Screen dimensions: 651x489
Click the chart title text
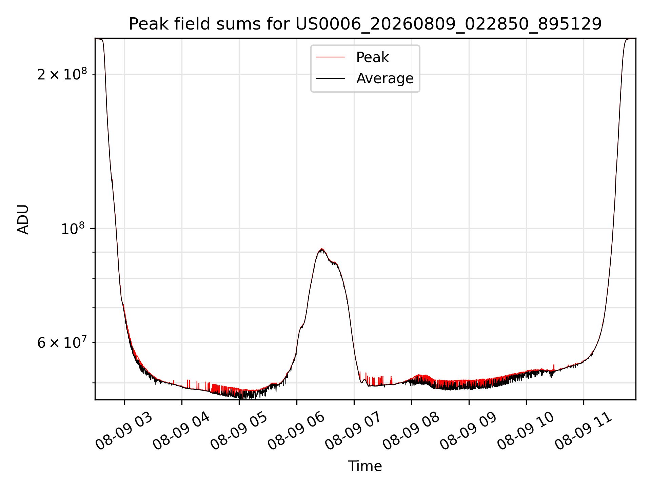click(365, 24)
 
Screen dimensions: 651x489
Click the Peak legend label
click(372, 57)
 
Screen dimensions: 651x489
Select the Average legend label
click(385, 78)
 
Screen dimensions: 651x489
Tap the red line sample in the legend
click(331, 57)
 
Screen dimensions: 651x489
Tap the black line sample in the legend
click(331, 78)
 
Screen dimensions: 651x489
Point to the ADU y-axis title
click(23, 219)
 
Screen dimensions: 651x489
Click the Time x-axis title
click(365, 466)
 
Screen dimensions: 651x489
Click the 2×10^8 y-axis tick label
click(62, 74)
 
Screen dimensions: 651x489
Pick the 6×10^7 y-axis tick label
click(62, 342)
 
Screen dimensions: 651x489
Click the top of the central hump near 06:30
click(321, 249)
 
